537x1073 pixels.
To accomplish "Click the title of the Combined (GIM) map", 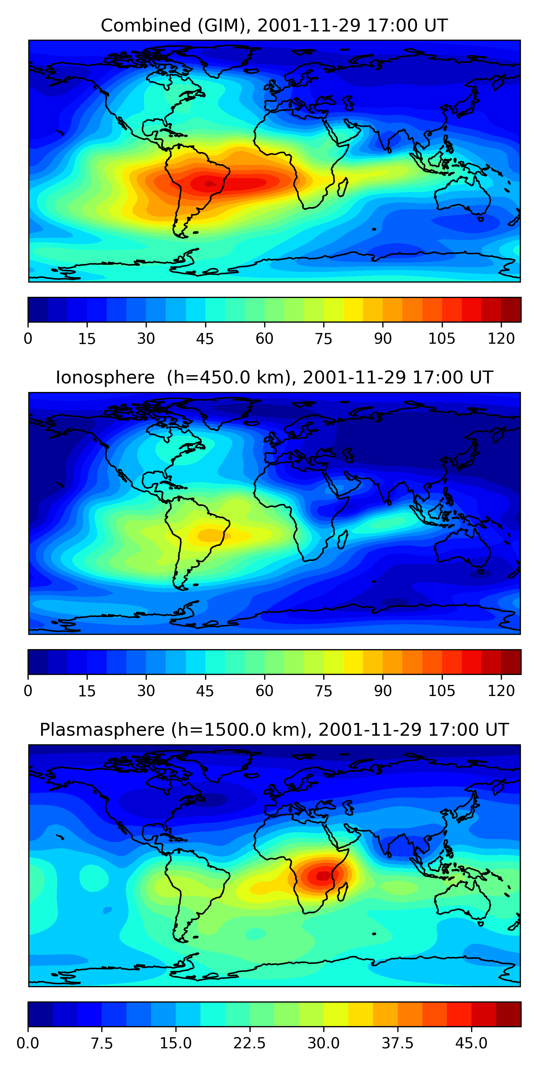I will tap(274, 25).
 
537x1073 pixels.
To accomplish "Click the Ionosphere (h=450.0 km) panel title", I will tap(274, 377).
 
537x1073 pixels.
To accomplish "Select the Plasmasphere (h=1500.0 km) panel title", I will tap(274, 730).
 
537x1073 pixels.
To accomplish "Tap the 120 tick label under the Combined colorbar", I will tap(501, 339).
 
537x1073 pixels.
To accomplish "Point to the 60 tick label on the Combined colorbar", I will tap(264, 339).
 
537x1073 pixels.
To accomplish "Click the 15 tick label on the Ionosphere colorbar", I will tap(87, 691).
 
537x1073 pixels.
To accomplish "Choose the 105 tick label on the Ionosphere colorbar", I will tap(441, 691).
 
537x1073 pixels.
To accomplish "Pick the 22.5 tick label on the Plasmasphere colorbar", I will tap(249, 1043).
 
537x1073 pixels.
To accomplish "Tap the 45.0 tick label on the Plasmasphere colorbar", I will tap(471, 1043).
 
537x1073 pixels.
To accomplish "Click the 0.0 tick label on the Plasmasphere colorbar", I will tap(28, 1043).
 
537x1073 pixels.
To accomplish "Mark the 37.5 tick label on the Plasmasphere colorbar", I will tap(397, 1043).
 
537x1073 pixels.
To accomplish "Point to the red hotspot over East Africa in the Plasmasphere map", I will tap(323, 876).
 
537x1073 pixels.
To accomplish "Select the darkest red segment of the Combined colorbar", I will tap(511, 309).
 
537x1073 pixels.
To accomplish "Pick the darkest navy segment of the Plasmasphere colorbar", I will tap(40, 1014).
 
